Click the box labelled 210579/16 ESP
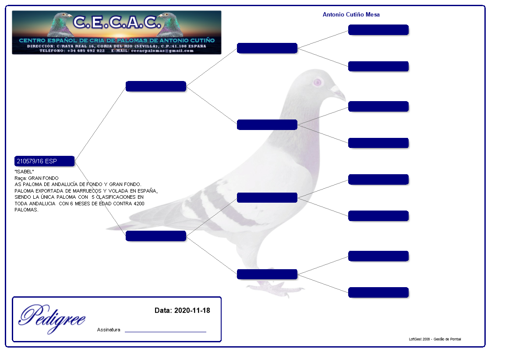point(44,161)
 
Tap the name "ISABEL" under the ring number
point(24,172)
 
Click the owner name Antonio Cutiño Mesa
point(351,15)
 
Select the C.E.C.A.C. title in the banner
point(116,22)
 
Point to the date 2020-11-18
point(192,310)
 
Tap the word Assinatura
point(109,330)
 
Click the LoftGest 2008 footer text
point(434,339)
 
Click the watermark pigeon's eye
point(318,82)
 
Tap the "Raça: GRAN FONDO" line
point(36,178)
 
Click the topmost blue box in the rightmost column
point(378,30)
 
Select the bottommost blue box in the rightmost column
point(378,292)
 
